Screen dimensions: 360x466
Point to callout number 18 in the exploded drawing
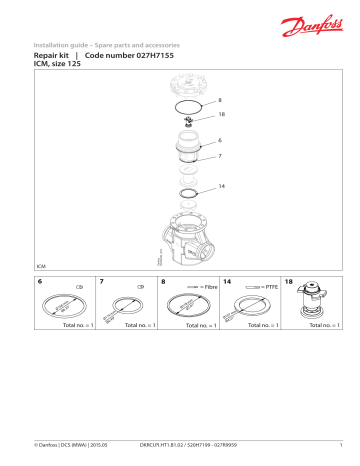221,116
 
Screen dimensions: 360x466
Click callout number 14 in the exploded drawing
221,187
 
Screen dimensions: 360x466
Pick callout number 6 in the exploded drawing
220,141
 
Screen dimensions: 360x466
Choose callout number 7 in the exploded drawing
220,156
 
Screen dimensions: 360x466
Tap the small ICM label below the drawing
41,268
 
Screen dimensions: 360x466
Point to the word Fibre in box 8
208,287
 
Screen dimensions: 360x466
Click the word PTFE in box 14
270,287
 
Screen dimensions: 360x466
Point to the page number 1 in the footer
342,444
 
